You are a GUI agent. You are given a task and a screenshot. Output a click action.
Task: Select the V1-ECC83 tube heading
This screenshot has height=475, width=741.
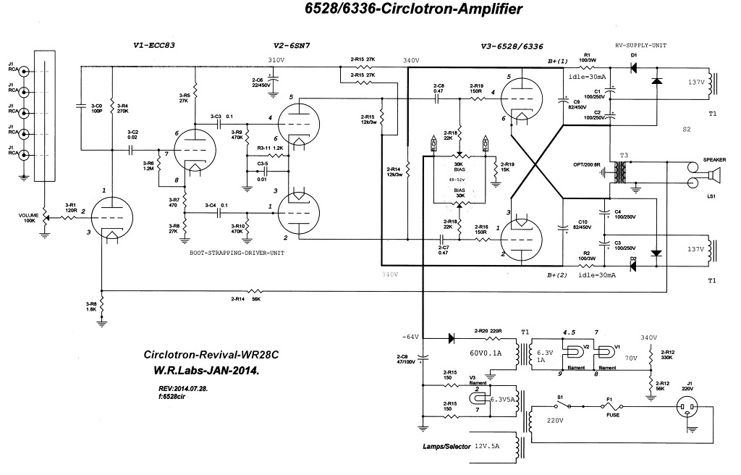(x=155, y=45)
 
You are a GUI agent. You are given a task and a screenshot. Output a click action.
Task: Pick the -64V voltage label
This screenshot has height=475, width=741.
(x=410, y=337)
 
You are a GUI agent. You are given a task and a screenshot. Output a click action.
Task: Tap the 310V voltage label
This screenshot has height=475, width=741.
(x=276, y=59)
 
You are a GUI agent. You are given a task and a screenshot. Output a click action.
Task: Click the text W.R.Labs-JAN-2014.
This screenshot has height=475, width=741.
(x=206, y=371)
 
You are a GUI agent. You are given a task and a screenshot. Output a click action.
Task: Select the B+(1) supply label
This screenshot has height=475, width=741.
(x=559, y=61)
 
